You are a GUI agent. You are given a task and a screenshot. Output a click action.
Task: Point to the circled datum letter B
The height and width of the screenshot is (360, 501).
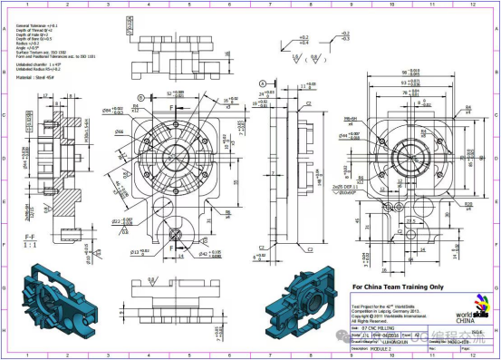click(x=141, y=96)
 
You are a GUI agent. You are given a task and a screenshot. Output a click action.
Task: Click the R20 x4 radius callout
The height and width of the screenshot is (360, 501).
click(x=467, y=205)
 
